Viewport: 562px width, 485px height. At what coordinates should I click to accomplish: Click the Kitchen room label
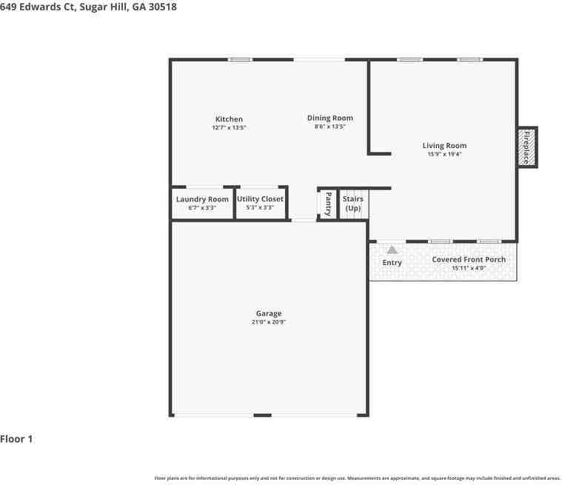point(229,119)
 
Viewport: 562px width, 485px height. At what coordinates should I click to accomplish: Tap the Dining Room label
point(330,118)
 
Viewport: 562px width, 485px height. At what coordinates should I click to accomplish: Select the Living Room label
point(444,146)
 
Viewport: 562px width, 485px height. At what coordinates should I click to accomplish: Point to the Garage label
point(269,314)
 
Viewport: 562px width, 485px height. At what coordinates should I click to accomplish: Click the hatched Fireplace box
point(527,147)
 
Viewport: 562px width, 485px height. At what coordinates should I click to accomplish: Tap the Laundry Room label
point(202,199)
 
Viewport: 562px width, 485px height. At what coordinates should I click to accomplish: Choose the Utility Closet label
point(260,199)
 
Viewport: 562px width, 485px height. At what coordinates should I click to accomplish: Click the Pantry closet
point(327,204)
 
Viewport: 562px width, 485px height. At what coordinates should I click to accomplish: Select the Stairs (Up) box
point(353,204)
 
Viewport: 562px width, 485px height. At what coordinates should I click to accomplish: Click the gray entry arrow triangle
point(392,250)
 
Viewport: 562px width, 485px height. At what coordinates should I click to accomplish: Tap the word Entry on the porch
point(392,263)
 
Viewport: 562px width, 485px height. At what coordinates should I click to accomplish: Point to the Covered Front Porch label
point(469,259)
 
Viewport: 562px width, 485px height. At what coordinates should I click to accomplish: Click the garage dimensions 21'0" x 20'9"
point(269,322)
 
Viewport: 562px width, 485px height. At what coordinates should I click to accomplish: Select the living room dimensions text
point(444,154)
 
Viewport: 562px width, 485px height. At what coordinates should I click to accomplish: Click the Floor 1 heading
point(16,439)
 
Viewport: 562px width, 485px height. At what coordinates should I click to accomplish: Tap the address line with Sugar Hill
point(88,7)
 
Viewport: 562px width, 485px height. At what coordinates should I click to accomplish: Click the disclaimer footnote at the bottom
point(357,478)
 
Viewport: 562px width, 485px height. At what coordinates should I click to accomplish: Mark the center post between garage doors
point(262,415)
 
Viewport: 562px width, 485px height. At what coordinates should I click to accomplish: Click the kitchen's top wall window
point(240,59)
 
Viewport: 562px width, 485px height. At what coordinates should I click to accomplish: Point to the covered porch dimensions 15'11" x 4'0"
point(469,268)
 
